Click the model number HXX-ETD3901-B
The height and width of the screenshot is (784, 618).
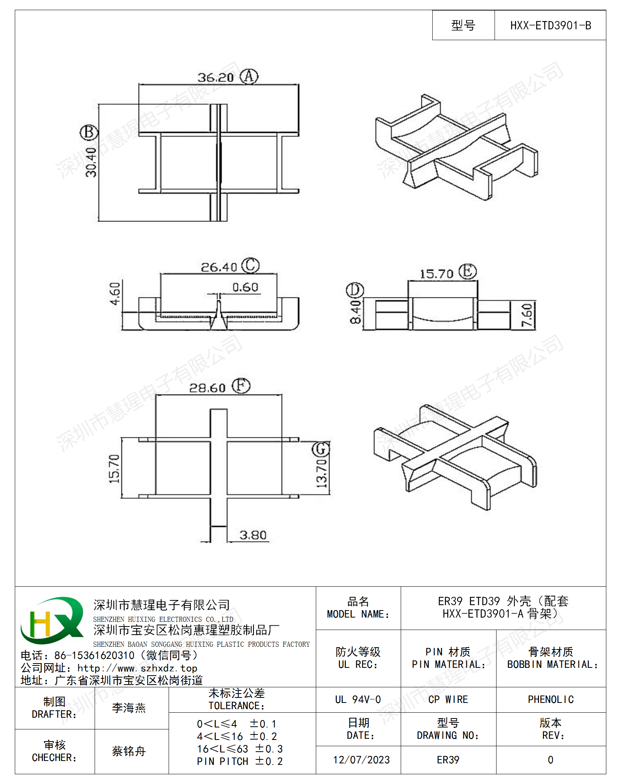click(550, 26)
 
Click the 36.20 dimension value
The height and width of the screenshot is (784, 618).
click(216, 78)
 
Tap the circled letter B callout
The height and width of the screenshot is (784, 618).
click(89, 133)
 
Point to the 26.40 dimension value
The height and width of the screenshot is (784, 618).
click(219, 267)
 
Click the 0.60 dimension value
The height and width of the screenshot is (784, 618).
click(245, 287)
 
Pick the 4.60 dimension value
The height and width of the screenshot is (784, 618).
click(115, 294)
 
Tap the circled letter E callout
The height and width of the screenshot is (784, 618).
click(467, 271)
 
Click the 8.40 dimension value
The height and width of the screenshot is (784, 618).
click(355, 312)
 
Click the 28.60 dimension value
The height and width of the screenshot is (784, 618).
click(207, 388)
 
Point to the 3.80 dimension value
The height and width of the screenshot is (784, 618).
click(253, 535)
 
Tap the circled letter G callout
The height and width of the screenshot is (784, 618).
click(320, 449)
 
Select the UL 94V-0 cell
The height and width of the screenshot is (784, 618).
click(358, 700)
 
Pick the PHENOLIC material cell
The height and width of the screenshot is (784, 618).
click(551, 700)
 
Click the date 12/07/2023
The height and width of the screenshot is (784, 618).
click(361, 760)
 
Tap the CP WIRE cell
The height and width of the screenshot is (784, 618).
click(448, 700)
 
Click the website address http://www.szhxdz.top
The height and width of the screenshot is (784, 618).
click(137, 668)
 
